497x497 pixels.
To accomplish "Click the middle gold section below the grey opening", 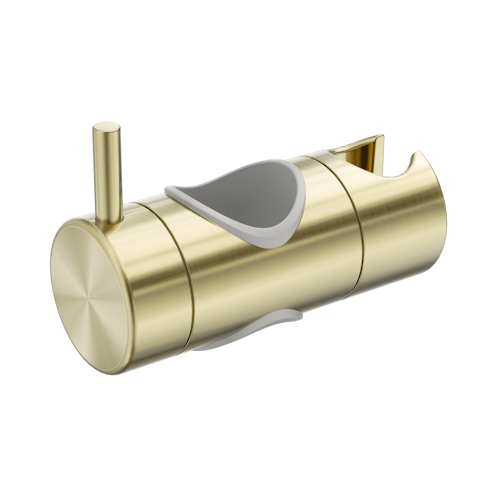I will [275, 292].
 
